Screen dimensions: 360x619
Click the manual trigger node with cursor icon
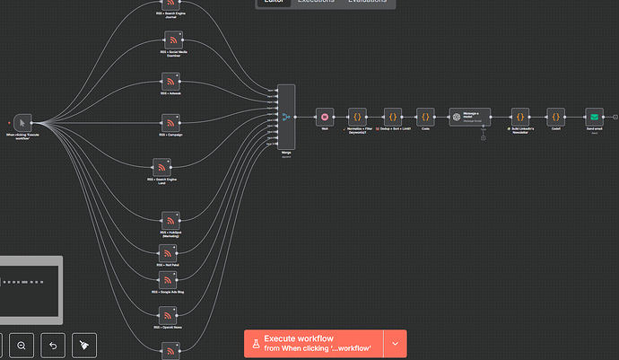coord(23,122)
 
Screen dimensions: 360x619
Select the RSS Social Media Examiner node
coord(173,41)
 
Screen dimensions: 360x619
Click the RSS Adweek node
coord(171,82)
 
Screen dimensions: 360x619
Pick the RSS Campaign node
coord(171,122)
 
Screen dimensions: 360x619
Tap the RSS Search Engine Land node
coord(162,167)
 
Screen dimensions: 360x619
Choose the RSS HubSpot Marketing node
coord(170,220)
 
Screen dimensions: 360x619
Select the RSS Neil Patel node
coord(168,253)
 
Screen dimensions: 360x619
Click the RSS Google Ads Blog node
coord(168,280)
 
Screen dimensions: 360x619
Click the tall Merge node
coord(286,118)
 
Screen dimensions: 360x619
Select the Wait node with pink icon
coord(325,117)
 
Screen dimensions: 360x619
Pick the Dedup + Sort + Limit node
coord(392,117)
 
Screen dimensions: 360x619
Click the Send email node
coord(594,117)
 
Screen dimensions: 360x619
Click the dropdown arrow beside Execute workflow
coord(395,343)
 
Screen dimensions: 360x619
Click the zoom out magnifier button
coord(22,345)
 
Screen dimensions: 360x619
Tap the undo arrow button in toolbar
coord(53,345)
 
